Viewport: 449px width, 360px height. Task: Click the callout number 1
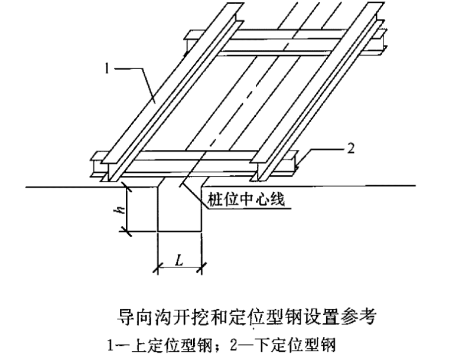pyautogui.click(x=107, y=69)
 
